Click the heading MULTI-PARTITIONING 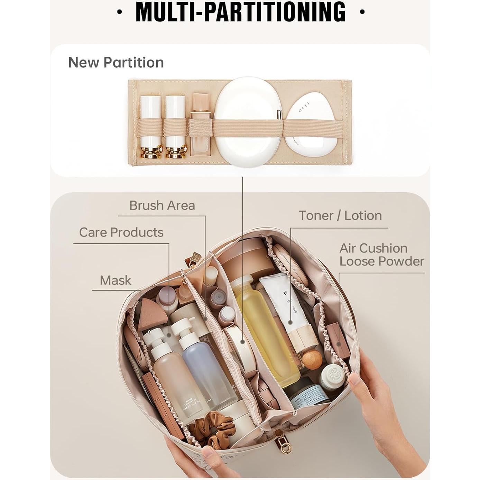(x=240, y=12)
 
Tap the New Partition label (x=116, y=63)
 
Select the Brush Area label (x=162, y=205)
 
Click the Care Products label (x=121, y=232)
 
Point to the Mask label (x=116, y=280)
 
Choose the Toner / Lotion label (x=340, y=216)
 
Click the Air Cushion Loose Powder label (x=381, y=255)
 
